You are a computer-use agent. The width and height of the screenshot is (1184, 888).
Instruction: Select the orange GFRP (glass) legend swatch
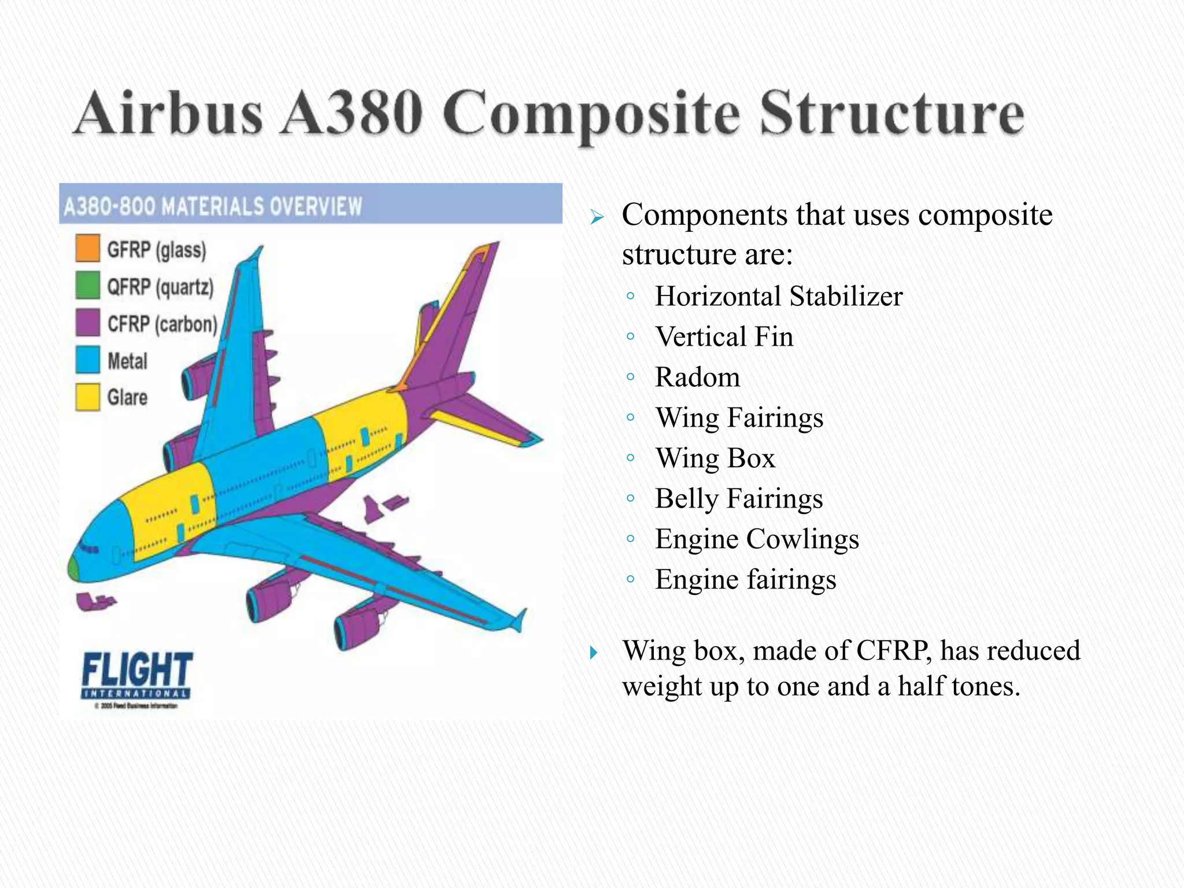point(87,247)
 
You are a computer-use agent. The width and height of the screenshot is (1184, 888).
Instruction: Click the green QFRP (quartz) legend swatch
point(87,284)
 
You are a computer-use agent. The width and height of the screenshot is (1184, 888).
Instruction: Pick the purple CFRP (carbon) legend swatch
point(87,322)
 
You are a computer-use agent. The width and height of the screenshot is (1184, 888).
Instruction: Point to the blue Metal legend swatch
point(87,360)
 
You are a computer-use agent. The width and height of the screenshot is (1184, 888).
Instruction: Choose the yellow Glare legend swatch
point(87,397)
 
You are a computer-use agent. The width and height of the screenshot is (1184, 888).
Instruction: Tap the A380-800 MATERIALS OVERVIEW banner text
point(213,206)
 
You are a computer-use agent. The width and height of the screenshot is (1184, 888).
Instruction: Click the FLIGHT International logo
point(136,676)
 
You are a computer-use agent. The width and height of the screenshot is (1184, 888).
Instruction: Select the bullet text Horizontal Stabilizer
point(778,297)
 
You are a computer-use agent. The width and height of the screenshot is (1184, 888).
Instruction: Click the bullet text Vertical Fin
point(724,337)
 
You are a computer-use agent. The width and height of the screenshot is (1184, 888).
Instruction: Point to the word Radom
point(697,378)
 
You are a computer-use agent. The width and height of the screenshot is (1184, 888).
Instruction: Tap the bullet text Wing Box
point(715,458)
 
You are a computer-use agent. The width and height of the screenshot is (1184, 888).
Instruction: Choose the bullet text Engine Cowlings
point(757,539)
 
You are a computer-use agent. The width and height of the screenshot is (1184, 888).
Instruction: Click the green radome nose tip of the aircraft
point(73,568)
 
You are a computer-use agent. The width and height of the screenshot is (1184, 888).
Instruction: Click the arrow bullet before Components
point(597,218)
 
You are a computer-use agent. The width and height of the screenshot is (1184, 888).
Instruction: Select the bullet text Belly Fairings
point(738,499)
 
